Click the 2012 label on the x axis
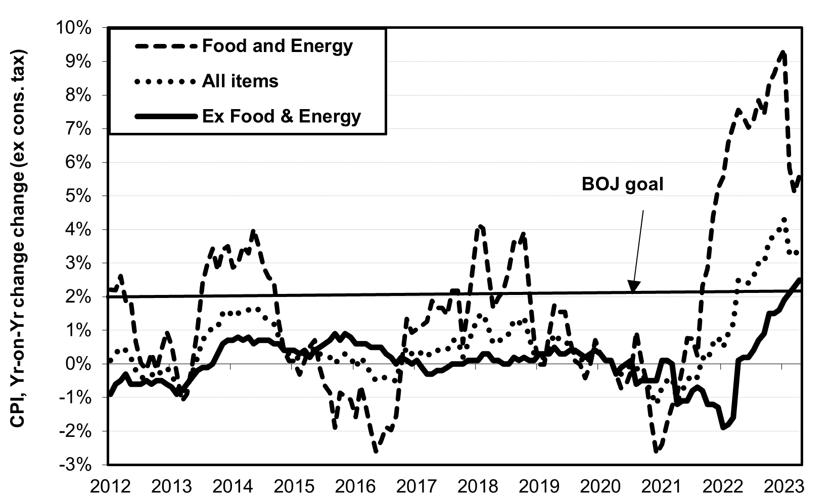click(x=110, y=488)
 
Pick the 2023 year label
click(x=782, y=488)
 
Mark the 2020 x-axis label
click(x=598, y=488)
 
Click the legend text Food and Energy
click(x=277, y=46)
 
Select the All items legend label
click(x=240, y=81)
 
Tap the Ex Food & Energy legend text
click(x=282, y=116)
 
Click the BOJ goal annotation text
click(x=622, y=184)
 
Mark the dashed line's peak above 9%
click(x=783, y=52)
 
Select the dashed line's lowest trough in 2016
click(x=376, y=451)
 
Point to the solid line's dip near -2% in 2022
click(x=724, y=428)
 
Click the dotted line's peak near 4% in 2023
click(x=784, y=219)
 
